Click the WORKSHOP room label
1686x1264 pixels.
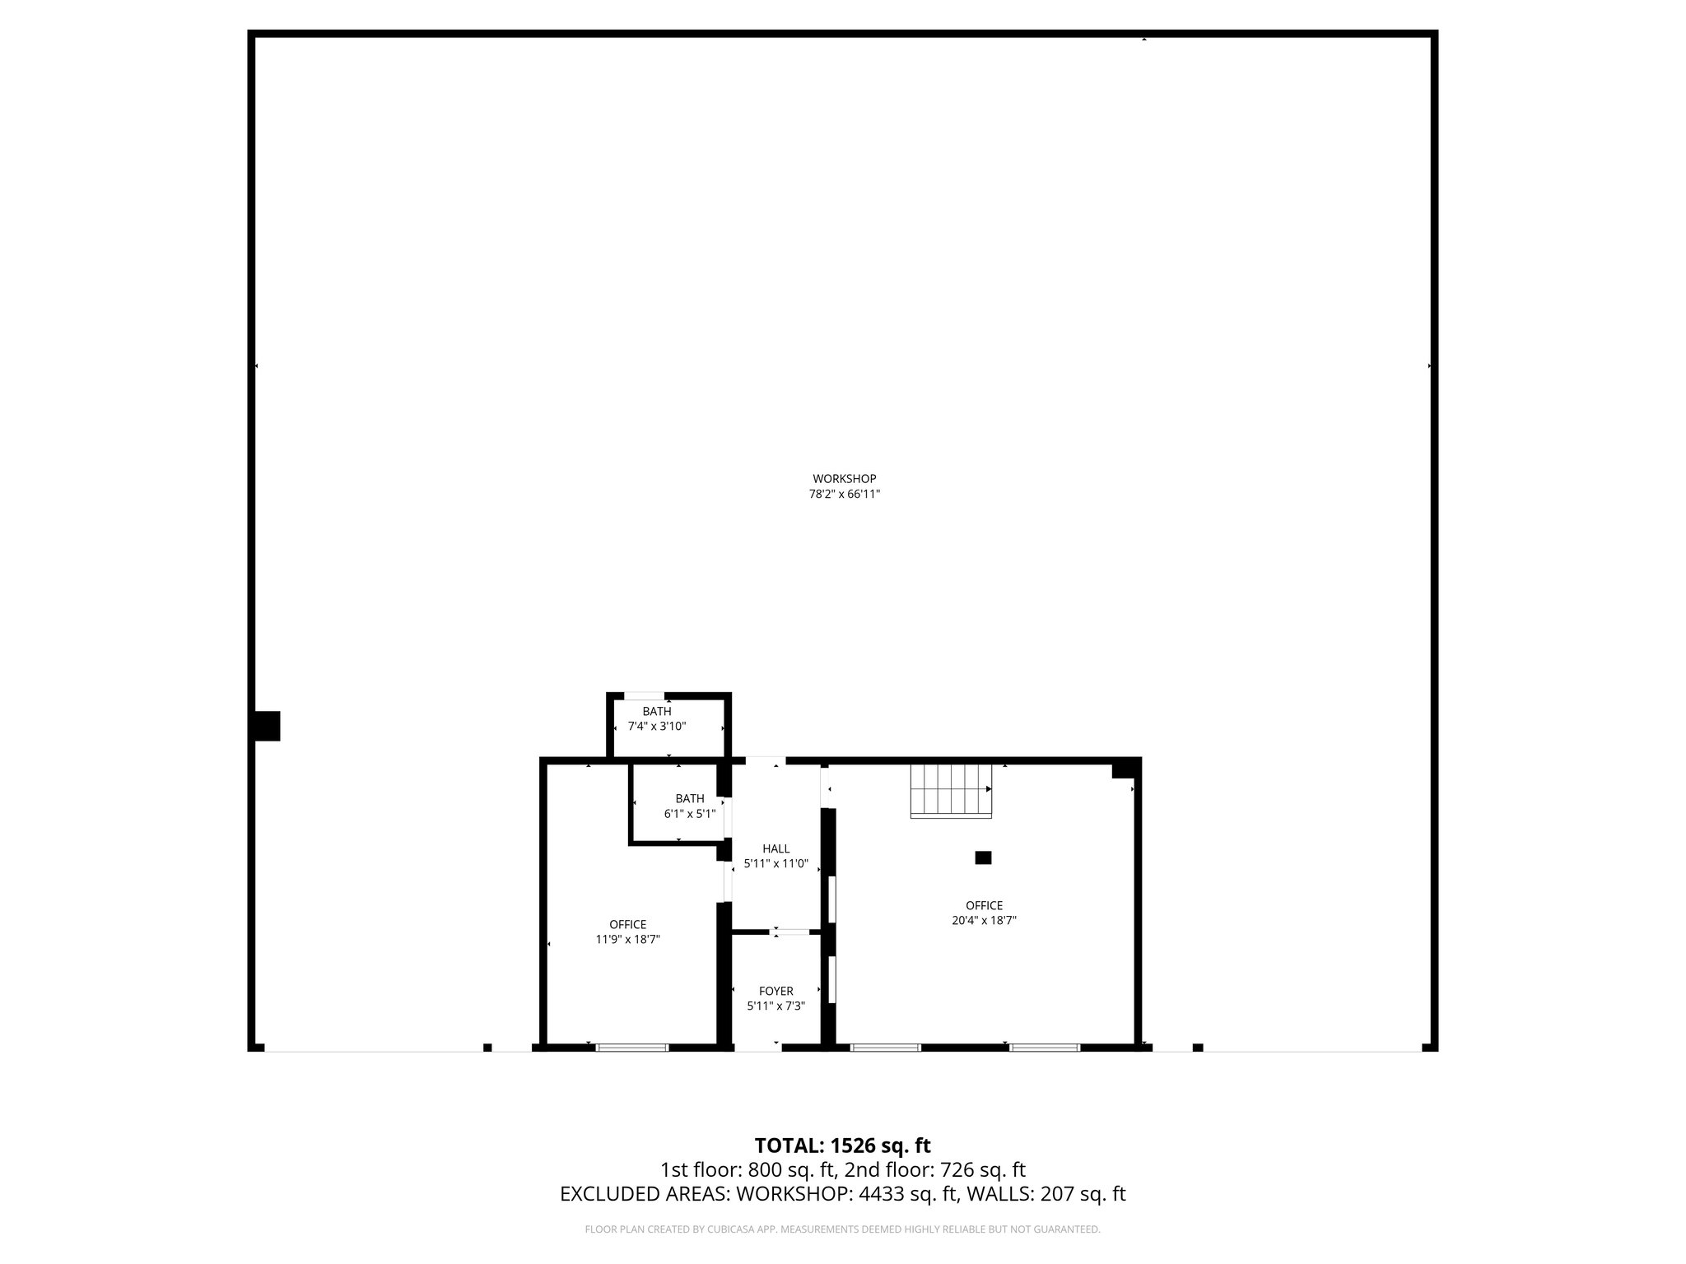(844, 479)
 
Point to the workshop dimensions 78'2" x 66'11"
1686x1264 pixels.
(844, 495)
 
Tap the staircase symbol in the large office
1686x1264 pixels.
(951, 791)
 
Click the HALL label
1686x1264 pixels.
(775, 849)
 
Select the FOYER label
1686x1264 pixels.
(775, 992)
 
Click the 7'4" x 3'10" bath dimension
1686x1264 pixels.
(657, 727)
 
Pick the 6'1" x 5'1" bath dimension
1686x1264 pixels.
(690, 814)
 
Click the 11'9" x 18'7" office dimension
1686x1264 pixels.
(628, 939)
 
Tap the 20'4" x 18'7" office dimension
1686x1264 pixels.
(984, 921)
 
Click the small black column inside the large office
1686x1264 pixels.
(983, 857)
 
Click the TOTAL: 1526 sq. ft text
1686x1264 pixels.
(842, 1145)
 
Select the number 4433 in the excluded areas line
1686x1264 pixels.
(882, 1194)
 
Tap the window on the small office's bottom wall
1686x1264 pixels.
(632, 1048)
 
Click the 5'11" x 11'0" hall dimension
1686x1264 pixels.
(775, 865)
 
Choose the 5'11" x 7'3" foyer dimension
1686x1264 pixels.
(775, 1006)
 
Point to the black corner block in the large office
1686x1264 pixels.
(1123, 769)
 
